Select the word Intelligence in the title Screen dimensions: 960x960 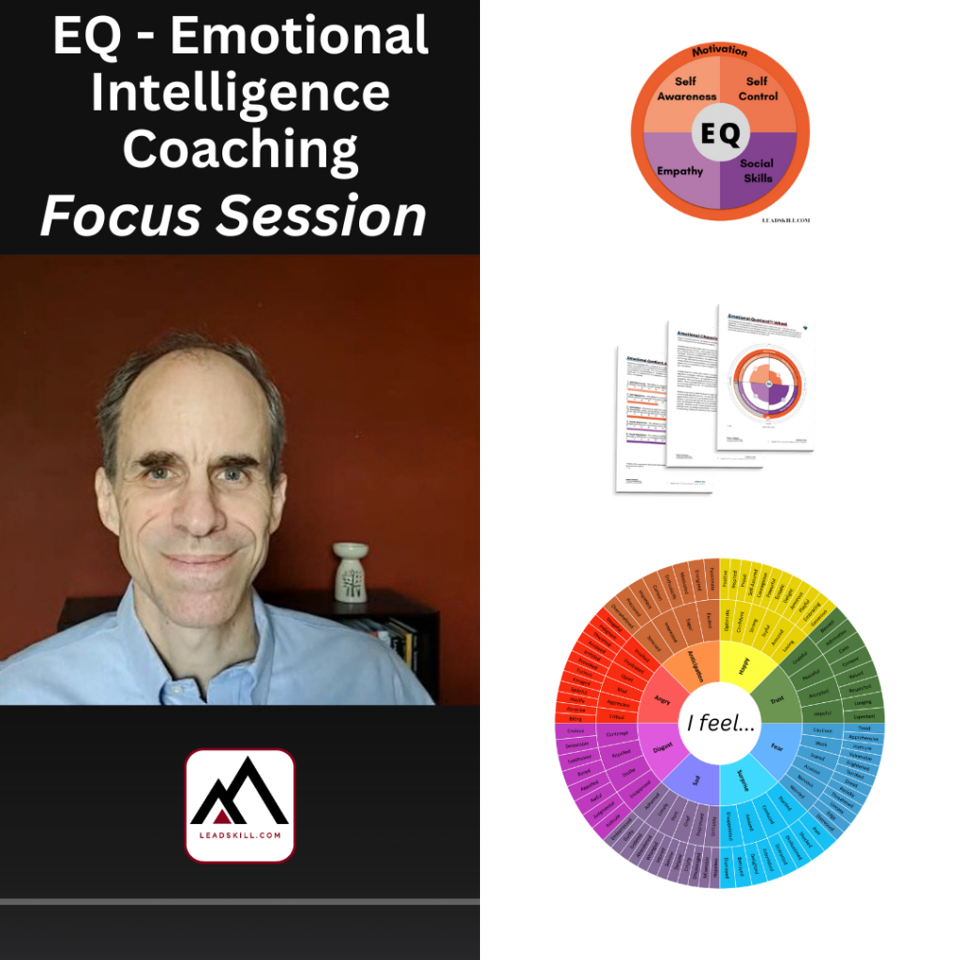(x=240, y=92)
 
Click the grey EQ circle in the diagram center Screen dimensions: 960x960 (x=720, y=133)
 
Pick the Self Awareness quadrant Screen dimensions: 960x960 (x=682, y=92)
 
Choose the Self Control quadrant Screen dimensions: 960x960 (x=757, y=90)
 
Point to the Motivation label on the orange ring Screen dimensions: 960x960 (x=719, y=51)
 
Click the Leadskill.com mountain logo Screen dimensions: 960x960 (x=240, y=804)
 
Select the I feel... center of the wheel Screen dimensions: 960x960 (x=719, y=724)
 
